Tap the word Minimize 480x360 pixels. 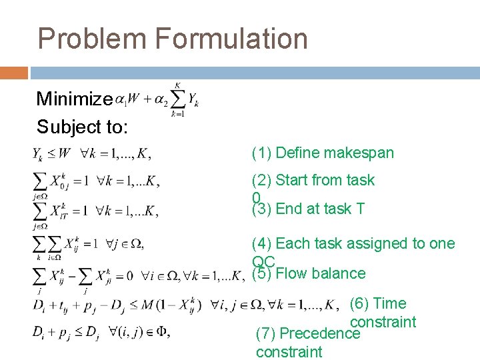(74, 99)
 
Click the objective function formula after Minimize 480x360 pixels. (157, 100)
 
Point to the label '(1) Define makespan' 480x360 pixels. (323, 153)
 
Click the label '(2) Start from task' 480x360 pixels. (313, 180)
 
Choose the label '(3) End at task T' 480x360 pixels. (308, 209)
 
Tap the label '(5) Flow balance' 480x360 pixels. (308, 273)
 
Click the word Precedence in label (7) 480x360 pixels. (320, 333)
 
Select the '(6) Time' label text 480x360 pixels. (378, 303)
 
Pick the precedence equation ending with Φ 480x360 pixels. (100, 332)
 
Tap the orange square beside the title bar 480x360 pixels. (14, 73)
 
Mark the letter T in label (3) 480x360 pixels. (360, 209)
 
